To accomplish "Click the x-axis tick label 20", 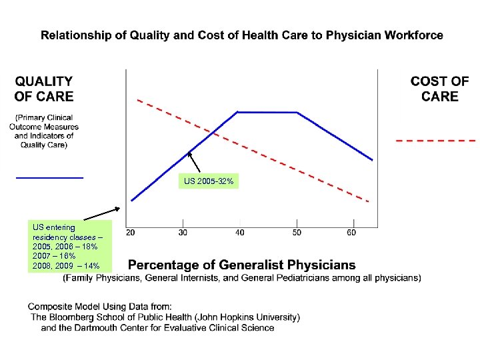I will [130, 233].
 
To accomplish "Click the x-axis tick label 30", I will [183, 233].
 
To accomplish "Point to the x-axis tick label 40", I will [239, 233].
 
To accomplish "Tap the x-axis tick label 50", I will [297, 233].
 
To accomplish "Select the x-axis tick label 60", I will [351, 233].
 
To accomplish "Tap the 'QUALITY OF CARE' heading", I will [44, 89].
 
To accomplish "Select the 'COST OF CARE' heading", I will [439, 89].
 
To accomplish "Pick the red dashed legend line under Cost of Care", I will [435, 141].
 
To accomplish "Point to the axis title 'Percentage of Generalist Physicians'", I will [241, 265].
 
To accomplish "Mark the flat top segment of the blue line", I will [267, 112].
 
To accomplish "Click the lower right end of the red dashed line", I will [367, 201].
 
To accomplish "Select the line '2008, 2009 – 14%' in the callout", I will [66, 265].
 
